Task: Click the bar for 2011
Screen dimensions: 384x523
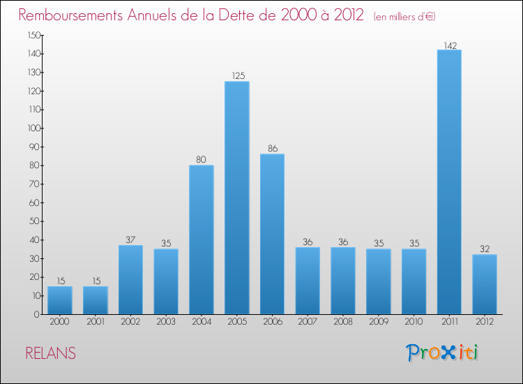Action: coord(449,182)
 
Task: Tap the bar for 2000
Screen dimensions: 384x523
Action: coord(60,300)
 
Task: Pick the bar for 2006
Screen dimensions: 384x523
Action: coord(272,234)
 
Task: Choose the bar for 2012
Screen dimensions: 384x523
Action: coord(484,284)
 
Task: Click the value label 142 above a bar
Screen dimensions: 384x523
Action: coord(449,45)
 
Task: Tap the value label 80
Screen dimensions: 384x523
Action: coord(201,160)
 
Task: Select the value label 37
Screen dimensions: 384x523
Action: coord(130,240)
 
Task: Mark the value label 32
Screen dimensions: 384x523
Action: coord(484,249)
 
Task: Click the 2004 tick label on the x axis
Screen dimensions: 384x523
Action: coord(201,321)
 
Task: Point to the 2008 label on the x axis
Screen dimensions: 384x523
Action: coord(342,321)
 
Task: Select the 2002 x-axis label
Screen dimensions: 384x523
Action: coord(130,321)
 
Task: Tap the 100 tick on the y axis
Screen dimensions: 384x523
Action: coord(33,128)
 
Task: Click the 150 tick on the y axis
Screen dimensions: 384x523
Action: coord(33,35)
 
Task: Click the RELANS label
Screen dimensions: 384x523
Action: coord(50,353)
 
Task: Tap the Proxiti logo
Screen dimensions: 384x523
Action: coord(443,353)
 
